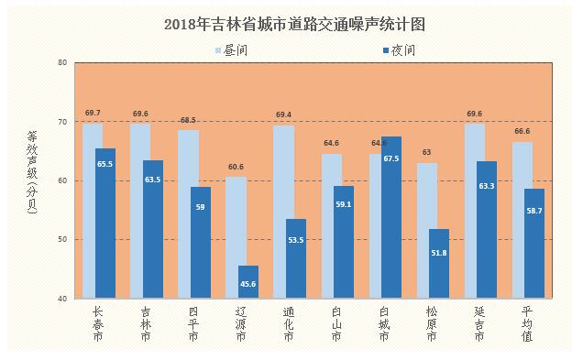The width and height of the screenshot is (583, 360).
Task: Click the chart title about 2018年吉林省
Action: (294, 25)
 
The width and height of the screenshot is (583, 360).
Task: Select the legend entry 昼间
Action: (231, 50)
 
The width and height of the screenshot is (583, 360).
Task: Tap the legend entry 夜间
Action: (399, 50)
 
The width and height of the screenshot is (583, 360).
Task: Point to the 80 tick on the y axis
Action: (62, 62)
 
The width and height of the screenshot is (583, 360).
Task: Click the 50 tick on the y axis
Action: (62, 240)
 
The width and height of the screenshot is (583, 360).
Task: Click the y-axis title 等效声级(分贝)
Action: (32, 172)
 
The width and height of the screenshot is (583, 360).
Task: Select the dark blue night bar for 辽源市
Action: (248, 281)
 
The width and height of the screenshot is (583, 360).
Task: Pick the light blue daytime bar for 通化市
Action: (283, 212)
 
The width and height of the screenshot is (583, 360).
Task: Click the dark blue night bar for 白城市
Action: (391, 217)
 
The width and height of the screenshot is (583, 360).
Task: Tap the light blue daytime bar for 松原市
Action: (427, 230)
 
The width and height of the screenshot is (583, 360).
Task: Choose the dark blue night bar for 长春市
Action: (105, 224)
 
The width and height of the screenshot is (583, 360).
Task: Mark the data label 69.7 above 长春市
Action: (93, 113)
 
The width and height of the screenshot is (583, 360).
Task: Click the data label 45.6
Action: (248, 284)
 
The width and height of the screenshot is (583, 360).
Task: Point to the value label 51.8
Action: (439, 253)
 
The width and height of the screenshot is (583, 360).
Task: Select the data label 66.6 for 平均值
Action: (522, 131)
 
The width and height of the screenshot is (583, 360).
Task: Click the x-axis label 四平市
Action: (193, 324)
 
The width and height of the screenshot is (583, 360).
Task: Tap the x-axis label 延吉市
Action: (479, 324)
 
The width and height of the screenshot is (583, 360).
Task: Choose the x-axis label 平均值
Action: (527, 324)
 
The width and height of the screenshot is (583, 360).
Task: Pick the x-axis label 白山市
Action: (336, 324)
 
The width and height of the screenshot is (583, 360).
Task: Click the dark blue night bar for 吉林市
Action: (153, 229)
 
